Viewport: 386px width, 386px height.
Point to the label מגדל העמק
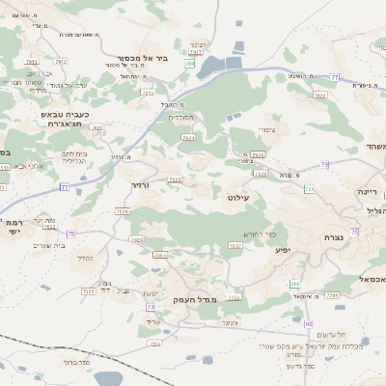coord(190,300)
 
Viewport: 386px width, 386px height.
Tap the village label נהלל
coord(84,258)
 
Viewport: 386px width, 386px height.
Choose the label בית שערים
coord(48,245)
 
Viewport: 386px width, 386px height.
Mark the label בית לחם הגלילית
coord(74,157)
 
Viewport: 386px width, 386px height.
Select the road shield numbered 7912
coord(61,61)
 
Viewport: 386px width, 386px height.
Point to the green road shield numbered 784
coord(190,64)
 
